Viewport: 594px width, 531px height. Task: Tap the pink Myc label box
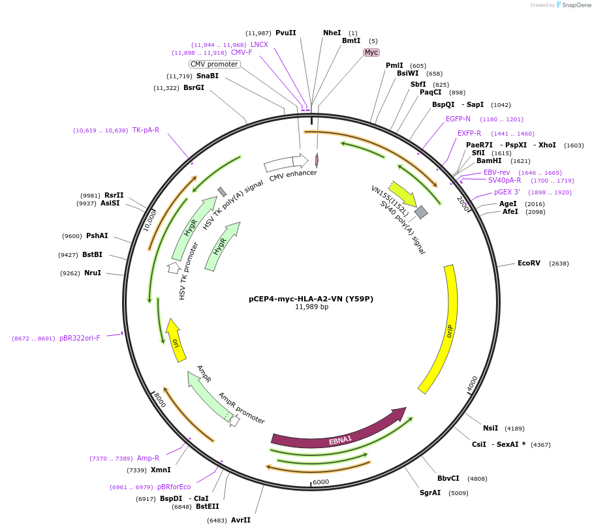371,52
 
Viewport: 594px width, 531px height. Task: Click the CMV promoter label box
214,64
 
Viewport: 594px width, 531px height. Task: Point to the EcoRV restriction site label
529,264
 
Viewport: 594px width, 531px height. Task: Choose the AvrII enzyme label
240,520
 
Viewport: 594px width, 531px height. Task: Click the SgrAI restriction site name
430,493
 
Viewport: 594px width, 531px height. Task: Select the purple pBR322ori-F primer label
80,339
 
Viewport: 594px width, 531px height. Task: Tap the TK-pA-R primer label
146,130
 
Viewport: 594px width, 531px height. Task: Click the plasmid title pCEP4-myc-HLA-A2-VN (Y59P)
311,299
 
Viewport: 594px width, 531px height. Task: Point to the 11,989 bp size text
311,307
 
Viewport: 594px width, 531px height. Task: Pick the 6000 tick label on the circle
321,482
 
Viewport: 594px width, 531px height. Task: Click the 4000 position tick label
473,383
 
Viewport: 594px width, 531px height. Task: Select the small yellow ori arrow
175,340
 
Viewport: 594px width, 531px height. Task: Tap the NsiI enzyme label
490,428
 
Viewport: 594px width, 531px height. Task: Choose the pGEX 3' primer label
507,192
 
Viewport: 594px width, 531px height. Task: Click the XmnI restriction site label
161,470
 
